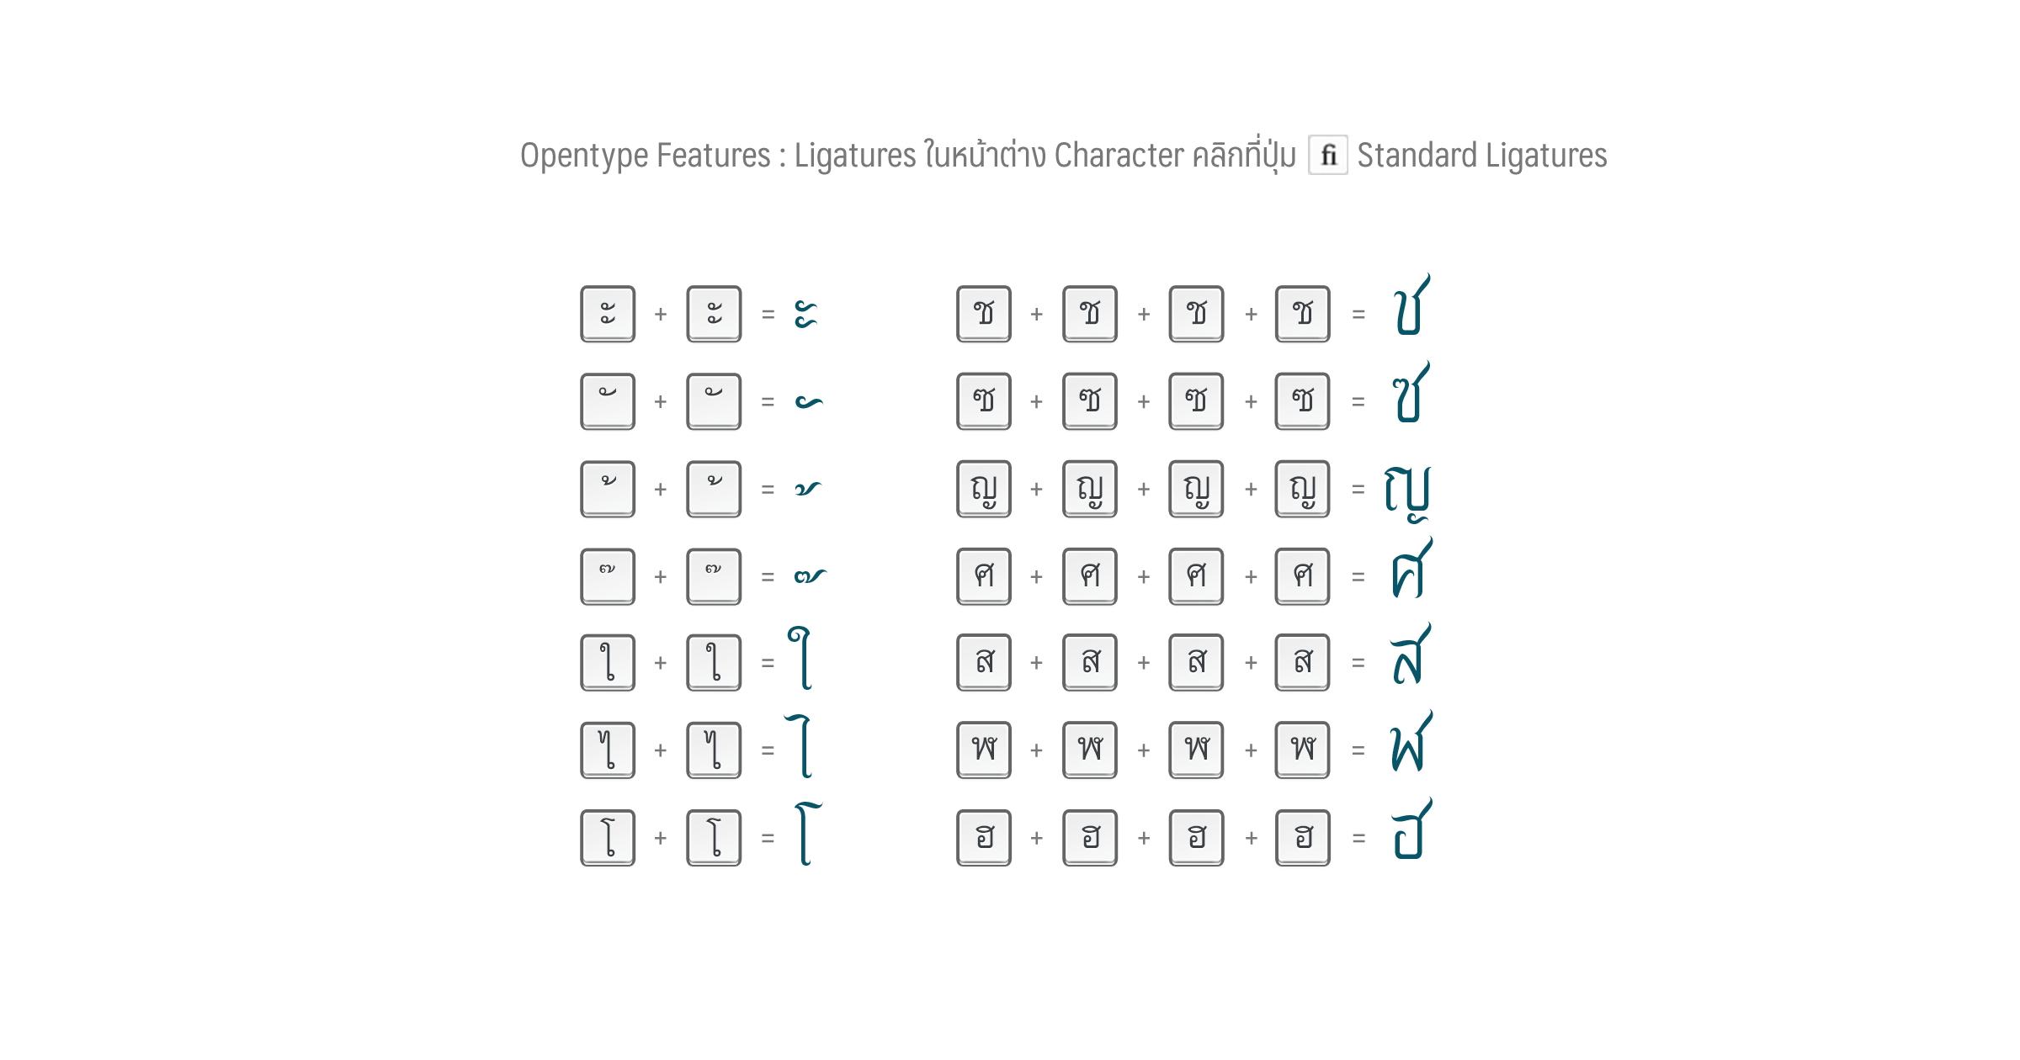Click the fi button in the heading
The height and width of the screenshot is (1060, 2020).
point(1328,155)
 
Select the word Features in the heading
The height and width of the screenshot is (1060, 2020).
point(714,156)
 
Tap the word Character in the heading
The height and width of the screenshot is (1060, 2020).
point(1119,156)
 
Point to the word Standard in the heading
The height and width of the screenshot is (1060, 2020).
point(1417,156)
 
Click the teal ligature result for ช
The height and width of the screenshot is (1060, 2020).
point(1411,305)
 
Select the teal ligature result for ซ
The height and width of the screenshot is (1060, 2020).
point(1411,392)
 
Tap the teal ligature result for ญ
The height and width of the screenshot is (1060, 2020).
point(1407,493)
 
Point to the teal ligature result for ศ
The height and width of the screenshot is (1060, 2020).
point(1411,568)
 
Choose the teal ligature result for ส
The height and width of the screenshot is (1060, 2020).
point(1411,654)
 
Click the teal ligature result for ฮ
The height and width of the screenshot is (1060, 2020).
point(1411,829)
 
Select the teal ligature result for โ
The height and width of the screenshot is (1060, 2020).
point(806,834)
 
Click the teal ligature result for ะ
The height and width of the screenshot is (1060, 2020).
point(805,315)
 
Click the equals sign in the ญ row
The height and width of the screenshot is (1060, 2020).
point(1358,489)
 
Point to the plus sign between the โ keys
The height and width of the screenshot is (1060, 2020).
point(661,838)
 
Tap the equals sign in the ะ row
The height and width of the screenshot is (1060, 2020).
point(768,315)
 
